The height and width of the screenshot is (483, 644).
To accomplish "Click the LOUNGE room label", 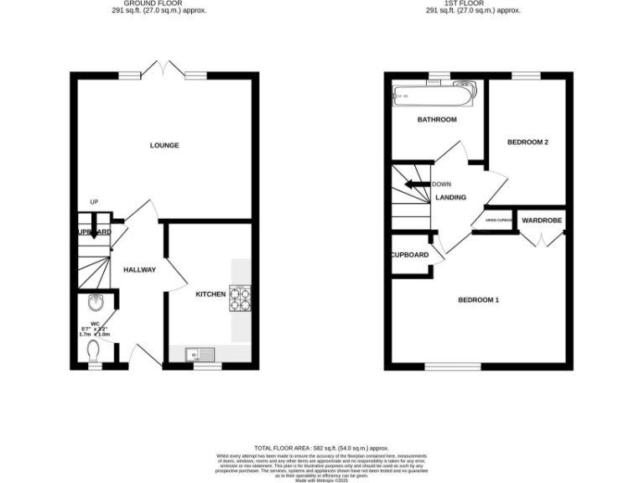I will pyautogui.click(x=164, y=145).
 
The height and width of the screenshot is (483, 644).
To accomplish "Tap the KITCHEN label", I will pyautogui.click(x=210, y=294).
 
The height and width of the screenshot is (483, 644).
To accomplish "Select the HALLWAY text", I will pyautogui.click(x=139, y=270).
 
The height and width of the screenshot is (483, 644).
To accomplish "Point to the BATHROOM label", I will pyautogui.click(x=437, y=120).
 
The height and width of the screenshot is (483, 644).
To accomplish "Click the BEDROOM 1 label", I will pyautogui.click(x=478, y=300).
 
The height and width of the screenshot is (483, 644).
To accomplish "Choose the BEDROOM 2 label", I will pyautogui.click(x=528, y=143).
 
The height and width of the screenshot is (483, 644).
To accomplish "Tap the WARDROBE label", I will pyautogui.click(x=542, y=221).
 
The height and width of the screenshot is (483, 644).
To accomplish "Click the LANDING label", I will pyautogui.click(x=451, y=198).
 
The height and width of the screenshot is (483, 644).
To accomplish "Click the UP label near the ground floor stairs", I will pyautogui.click(x=95, y=202).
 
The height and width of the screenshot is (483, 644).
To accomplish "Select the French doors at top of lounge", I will pyautogui.click(x=164, y=70).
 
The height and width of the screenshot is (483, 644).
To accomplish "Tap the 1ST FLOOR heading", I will pyautogui.click(x=473, y=3).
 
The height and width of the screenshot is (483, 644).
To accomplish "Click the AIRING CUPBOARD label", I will pyautogui.click(x=498, y=221).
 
